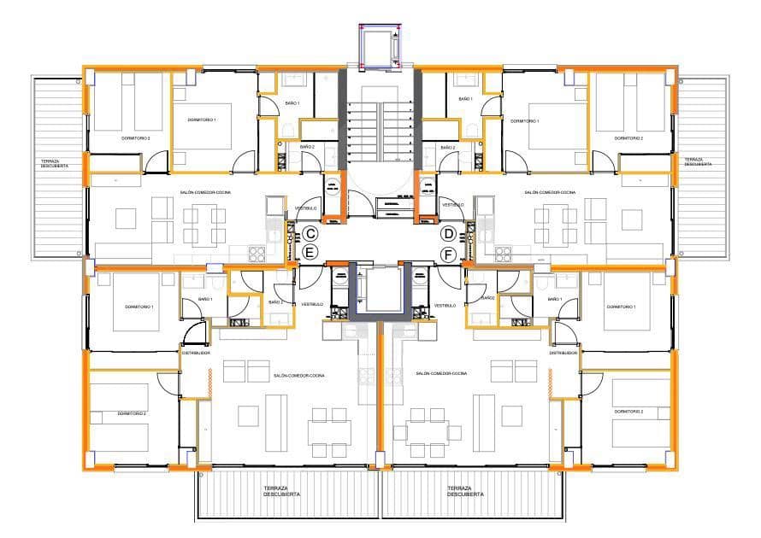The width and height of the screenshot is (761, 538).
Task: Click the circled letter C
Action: coord(310,233)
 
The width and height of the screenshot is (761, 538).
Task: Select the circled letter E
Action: coord(310,253)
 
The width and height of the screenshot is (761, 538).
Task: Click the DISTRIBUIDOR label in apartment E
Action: coord(195,353)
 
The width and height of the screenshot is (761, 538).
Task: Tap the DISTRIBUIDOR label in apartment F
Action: coord(563,353)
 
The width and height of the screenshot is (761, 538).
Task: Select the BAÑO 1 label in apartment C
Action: coord(292,102)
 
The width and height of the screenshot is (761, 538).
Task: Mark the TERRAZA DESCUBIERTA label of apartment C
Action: coord(54,163)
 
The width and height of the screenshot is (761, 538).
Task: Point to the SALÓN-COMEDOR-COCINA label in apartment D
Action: coord(550,193)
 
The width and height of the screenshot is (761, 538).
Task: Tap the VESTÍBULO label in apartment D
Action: coord(453,205)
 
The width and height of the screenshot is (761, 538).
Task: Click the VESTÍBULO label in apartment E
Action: coord(312,305)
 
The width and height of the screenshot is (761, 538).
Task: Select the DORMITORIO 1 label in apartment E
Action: coord(139,307)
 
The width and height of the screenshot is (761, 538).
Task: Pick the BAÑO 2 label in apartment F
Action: coord(487,299)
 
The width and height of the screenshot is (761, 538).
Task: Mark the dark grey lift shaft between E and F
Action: coord(379,292)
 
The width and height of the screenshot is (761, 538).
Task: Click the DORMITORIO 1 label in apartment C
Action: coord(203,120)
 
